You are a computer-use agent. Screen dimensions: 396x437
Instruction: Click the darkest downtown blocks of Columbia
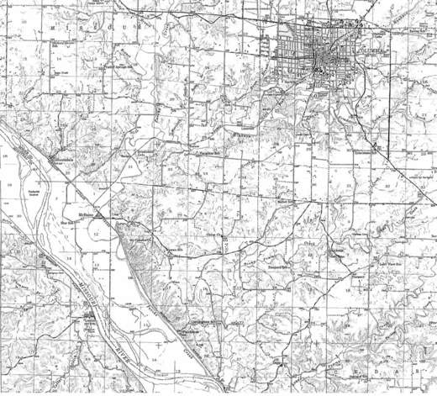(x=322, y=62)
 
